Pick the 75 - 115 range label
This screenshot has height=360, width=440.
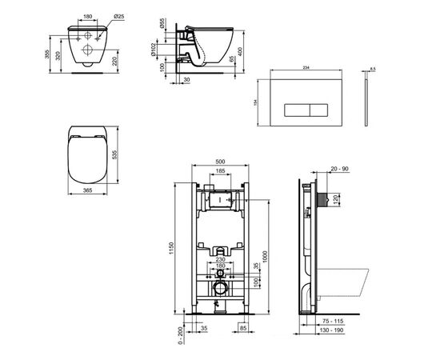click(x=327, y=340)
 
